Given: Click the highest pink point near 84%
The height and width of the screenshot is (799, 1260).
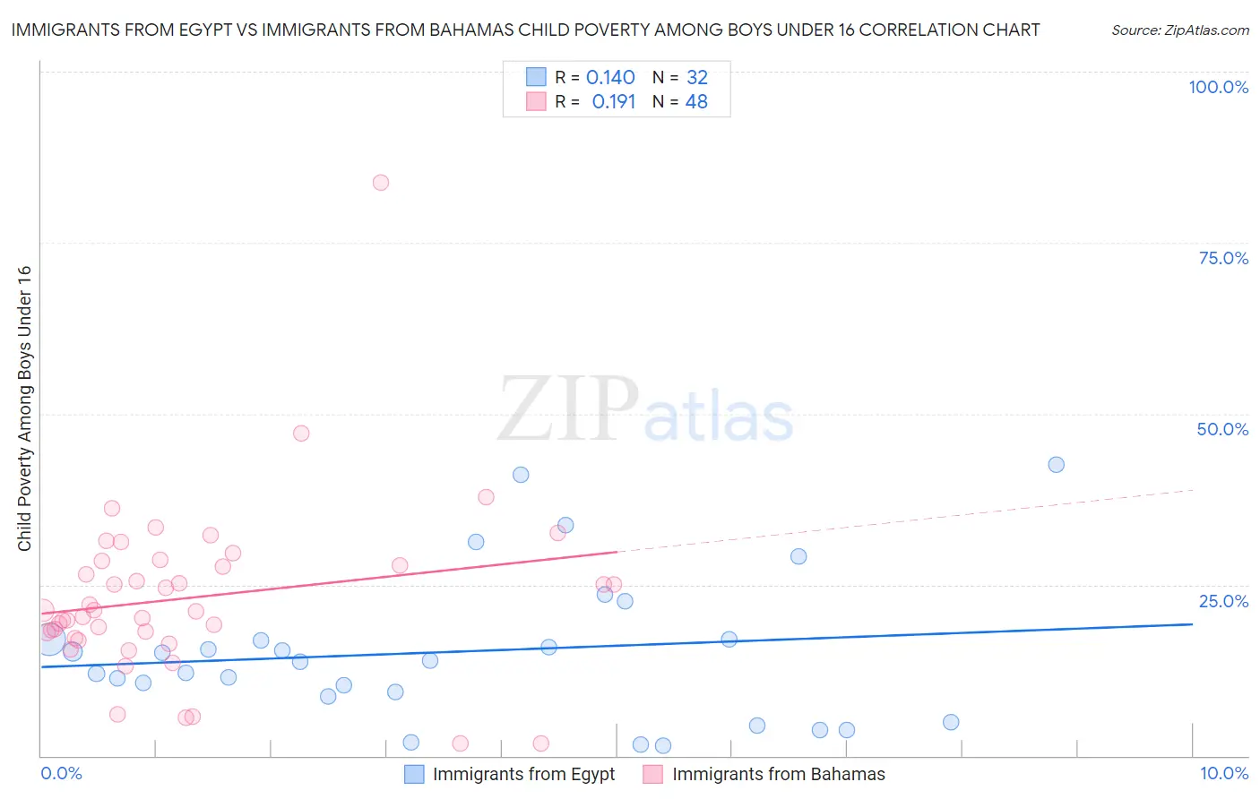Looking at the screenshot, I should tap(381, 183).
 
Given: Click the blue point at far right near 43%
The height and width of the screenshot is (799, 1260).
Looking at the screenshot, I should tap(1057, 465).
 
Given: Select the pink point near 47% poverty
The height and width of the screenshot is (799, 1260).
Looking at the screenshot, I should tap(301, 434).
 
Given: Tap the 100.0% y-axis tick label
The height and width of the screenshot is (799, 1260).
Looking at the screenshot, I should tap(1218, 87).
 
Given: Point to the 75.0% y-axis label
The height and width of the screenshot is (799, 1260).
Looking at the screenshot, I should tap(1223, 258).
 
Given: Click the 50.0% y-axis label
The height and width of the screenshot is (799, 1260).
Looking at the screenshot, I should tap(1222, 429).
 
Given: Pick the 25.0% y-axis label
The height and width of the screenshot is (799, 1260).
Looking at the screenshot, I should tap(1223, 601).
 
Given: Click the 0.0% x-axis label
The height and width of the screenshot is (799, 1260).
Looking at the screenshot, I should tap(61, 773).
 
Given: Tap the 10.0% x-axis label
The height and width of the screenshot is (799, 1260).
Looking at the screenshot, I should tap(1224, 773).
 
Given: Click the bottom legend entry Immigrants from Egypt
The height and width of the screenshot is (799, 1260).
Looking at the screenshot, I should tap(523, 774).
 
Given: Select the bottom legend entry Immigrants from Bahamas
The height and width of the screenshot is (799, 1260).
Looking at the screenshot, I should tap(778, 774).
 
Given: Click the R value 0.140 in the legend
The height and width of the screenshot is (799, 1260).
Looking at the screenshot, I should tap(610, 78).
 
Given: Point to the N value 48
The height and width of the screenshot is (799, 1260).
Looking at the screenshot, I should tap(696, 102).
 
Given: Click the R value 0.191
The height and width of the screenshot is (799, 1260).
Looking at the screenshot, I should tap(614, 102).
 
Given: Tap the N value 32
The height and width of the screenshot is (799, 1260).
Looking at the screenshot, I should tap(697, 78).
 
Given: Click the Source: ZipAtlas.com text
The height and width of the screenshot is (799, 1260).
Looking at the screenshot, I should tap(1179, 30).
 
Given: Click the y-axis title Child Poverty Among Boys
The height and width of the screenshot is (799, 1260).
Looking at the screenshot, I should tap(25, 408).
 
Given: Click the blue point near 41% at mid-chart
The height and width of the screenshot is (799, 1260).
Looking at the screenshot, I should tap(521, 475).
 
